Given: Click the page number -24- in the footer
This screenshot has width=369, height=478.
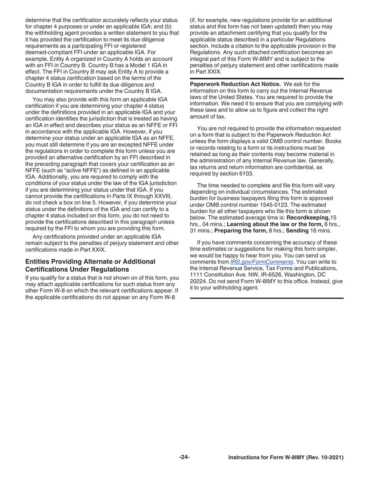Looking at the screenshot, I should (x=184, y=457).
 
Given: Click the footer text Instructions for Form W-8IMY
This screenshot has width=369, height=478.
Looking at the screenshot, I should (x=286, y=457).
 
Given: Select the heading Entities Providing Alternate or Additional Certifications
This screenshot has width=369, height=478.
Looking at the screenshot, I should (x=90, y=265).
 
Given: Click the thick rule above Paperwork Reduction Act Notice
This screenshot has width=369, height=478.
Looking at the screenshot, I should (x=266, y=79).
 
